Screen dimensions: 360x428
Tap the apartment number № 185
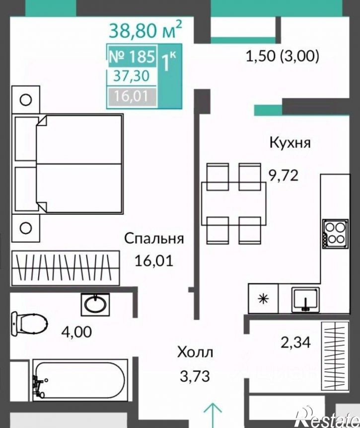132,57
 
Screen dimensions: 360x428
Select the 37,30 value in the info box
132,76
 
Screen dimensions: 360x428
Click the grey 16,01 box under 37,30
132,96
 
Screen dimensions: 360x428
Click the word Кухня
290,143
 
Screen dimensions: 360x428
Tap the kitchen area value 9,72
284,175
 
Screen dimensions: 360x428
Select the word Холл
195,352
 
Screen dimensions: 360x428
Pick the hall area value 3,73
195,376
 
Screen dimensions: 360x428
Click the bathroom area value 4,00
77,332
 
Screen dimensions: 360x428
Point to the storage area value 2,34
295,342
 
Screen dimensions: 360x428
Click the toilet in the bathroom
29,324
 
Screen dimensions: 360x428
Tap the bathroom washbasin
95,304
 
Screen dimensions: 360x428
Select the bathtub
80,380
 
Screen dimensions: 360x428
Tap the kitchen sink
305,299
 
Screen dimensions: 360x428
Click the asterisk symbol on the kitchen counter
264,299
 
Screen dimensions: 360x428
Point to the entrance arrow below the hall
213,415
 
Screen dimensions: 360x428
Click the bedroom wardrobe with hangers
66,267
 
